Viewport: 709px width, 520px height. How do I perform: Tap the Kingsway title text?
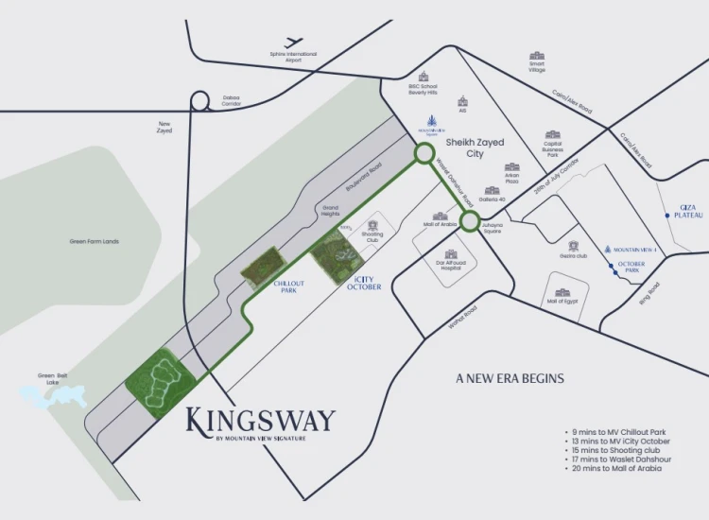tap(260, 420)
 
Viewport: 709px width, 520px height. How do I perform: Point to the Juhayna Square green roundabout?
tap(470, 221)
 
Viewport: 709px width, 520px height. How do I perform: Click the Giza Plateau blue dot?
tap(668, 216)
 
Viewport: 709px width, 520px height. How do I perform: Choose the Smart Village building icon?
tap(537, 57)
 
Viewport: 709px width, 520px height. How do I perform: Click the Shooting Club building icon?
tap(372, 225)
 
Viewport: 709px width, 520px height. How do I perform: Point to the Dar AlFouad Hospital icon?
tap(450, 254)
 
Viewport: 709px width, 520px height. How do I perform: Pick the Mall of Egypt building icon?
tap(562, 293)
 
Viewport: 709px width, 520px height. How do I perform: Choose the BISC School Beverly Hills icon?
tap(424, 77)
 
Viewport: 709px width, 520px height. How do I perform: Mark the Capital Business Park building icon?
tap(553, 135)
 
